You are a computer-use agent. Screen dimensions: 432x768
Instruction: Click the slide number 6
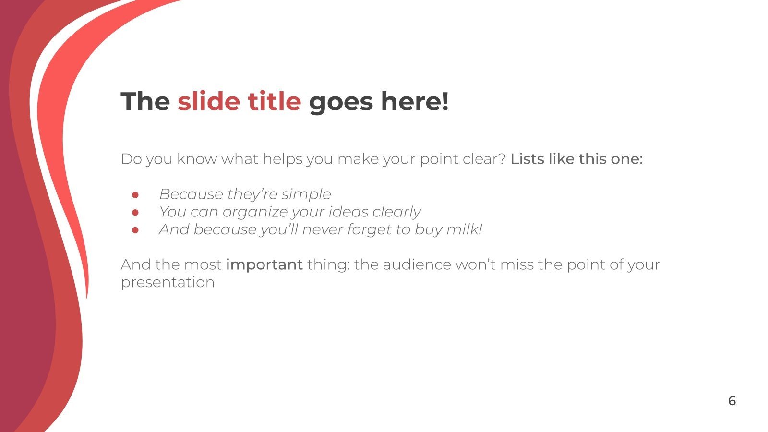tap(732, 401)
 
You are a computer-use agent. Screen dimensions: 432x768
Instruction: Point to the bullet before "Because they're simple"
tap(135, 195)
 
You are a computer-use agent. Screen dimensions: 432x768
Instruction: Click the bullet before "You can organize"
tap(135, 212)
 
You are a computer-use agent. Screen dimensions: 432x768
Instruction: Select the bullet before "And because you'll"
tap(135, 230)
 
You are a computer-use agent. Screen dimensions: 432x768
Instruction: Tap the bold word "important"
tap(264, 264)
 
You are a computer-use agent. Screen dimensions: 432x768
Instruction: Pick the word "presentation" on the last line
tap(168, 282)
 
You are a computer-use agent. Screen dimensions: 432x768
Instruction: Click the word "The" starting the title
tap(145, 101)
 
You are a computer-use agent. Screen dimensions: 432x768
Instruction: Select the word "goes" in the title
tap(340, 101)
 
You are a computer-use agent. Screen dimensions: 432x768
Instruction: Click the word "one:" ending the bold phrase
tap(626, 159)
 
